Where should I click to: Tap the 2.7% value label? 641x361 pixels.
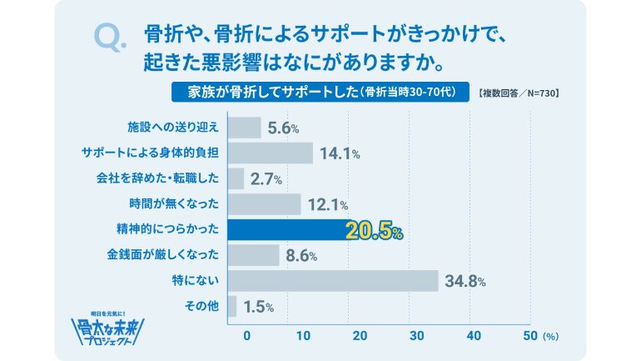(x=267, y=179)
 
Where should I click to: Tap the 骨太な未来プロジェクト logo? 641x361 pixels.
(x=109, y=328)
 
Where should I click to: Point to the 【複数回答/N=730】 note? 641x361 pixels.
(x=519, y=92)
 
